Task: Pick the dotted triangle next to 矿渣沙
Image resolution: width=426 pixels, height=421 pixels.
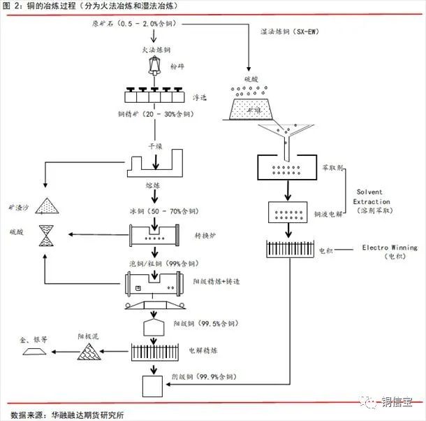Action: click(x=48, y=206)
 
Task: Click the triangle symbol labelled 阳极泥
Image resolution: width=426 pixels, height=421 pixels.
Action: click(x=90, y=350)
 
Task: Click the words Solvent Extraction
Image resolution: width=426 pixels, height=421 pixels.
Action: click(x=376, y=197)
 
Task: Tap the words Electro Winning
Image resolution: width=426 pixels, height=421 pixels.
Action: click(x=390, y=247)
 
